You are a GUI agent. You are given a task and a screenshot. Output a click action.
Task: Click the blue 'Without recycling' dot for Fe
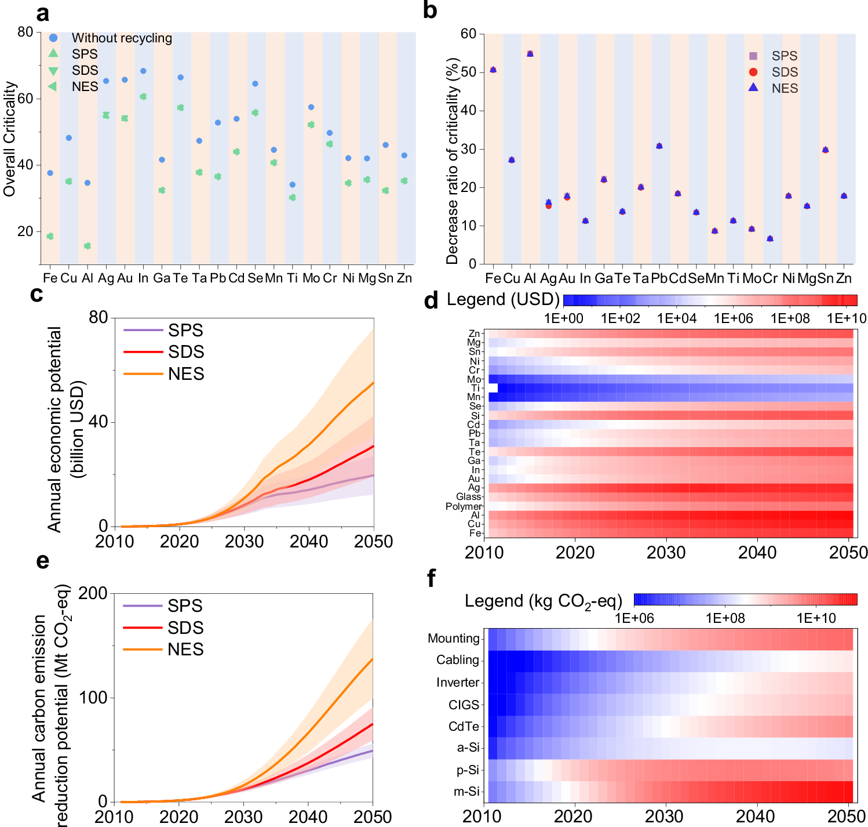(x=50, y=173)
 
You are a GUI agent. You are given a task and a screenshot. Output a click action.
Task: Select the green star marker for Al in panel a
(x=87, y=246)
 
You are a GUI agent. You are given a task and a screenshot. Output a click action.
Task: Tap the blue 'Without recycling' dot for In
(x=143, y=71)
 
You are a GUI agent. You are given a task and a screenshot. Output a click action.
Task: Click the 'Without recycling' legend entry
(x=122, y=38)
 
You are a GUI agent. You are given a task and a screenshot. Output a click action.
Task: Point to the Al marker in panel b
(x=530, y=54)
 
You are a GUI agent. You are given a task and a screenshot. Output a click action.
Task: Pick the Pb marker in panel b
(x=659, y=146)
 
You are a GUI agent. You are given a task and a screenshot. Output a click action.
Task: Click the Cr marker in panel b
(x=769, y=238)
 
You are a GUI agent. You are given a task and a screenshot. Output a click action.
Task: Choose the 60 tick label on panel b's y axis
(x=468, y=34)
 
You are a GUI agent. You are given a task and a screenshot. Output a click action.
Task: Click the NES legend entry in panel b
(x=785, y=88)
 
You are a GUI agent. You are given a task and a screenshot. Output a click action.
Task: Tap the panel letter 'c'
(x=37, y=295)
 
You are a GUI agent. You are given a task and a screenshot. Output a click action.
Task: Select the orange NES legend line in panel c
(x=143, y=374)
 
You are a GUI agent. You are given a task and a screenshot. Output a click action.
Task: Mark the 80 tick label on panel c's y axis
(x=99, y=317)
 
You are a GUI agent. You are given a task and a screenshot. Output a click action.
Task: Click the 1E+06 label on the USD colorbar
(x=732, y=318)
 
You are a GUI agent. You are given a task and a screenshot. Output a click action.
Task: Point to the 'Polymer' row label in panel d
(x=463, y=506)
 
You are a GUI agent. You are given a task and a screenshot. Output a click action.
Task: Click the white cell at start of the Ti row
(x=493, y=388)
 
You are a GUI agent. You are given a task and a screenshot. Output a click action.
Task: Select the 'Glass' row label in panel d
(x=468, y=497)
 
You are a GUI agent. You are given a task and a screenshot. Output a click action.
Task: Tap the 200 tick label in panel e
(x=93, y=593)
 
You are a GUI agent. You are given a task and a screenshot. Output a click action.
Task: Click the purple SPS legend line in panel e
(x=143, y=606)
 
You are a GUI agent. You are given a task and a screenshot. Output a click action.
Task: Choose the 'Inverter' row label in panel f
(x=458, y=683)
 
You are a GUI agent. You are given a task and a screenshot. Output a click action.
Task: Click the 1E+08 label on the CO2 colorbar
(x=725, y=618)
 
